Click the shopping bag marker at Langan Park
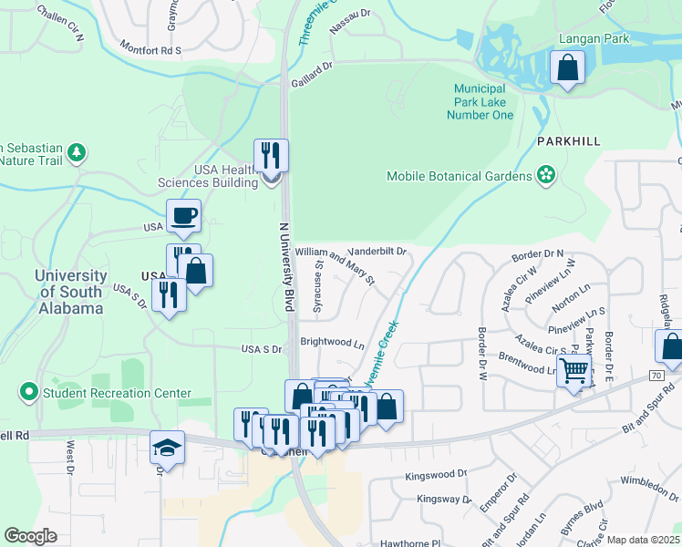567,67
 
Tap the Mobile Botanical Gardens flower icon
546,175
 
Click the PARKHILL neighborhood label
569,142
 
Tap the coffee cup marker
183,217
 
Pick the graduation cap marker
167,449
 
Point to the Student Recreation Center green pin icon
28,393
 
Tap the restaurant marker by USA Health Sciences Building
271,156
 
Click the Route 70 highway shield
656,375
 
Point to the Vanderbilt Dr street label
377,251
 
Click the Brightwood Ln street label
332,344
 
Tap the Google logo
31,536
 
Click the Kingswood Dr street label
436,475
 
